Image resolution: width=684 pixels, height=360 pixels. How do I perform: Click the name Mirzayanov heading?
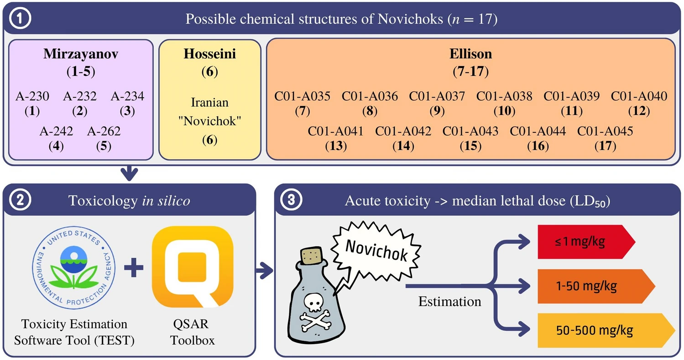[81, 54]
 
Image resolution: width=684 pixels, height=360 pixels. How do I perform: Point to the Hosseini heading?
[209, 54]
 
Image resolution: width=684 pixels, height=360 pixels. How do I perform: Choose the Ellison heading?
[470, 54]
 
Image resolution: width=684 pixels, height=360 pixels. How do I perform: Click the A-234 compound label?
[127, 96]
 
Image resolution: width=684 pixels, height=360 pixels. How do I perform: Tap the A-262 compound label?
[104, 131]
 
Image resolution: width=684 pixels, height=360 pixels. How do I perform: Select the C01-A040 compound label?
[639, 96]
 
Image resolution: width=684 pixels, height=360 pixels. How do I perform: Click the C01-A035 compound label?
[302, 96]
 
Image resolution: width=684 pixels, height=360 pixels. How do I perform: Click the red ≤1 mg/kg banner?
[584, 241]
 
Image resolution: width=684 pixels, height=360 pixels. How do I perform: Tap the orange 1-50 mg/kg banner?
[593, 286]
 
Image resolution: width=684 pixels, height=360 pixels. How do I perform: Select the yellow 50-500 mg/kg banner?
[602, 330]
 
